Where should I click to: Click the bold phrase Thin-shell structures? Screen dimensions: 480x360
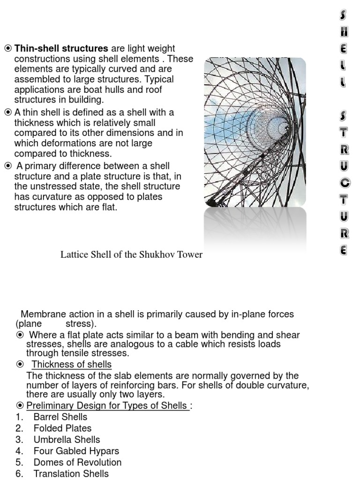point(61,49)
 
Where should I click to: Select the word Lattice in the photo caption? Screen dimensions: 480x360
point(74,255)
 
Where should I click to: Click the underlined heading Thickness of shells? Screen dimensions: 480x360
point(72,365)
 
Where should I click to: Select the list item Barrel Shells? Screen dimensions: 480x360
point(60,417)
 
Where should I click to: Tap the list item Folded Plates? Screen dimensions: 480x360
point(62,428)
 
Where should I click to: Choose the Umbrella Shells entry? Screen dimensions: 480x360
point(67,440)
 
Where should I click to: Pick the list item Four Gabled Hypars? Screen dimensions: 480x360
point(76,451)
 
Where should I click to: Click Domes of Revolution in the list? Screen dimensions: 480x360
point(77,462)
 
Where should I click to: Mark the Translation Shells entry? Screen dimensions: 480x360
point(71,473)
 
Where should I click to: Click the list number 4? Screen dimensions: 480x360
point(19,451)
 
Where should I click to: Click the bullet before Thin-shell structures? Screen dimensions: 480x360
point(8,49)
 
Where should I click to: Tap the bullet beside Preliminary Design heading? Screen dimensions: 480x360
point(20,405)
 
